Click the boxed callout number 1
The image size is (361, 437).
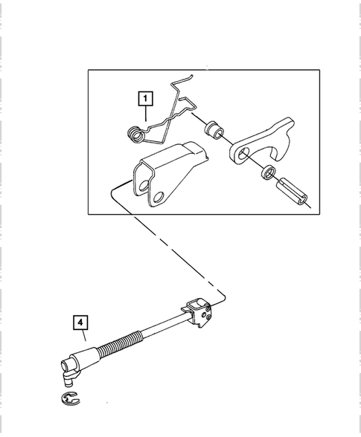click(x=144, y=97)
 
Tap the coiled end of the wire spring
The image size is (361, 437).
click(x=135, y=135)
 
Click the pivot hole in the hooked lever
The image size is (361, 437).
click(x=243, y=154)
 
